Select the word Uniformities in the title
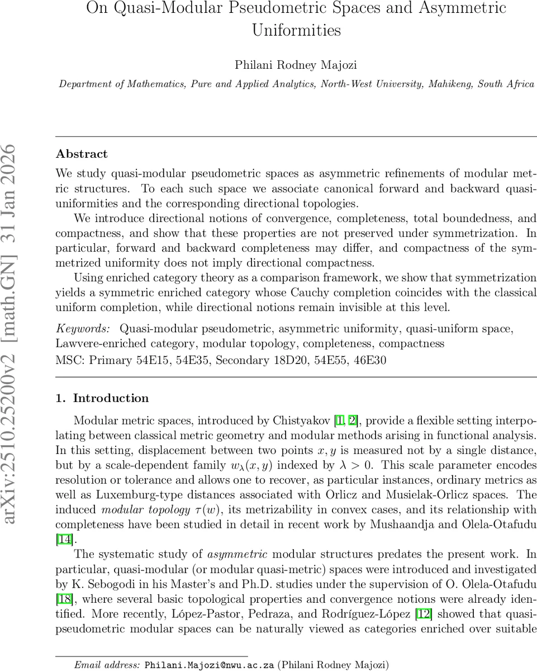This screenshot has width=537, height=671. tap(296, 30)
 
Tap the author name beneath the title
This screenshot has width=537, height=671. tap(296, 64)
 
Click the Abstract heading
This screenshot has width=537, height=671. tap(82, 154)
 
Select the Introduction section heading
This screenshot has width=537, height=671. tap(111, 398)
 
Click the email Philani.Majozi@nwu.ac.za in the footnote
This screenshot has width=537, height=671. tap(210, 665)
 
